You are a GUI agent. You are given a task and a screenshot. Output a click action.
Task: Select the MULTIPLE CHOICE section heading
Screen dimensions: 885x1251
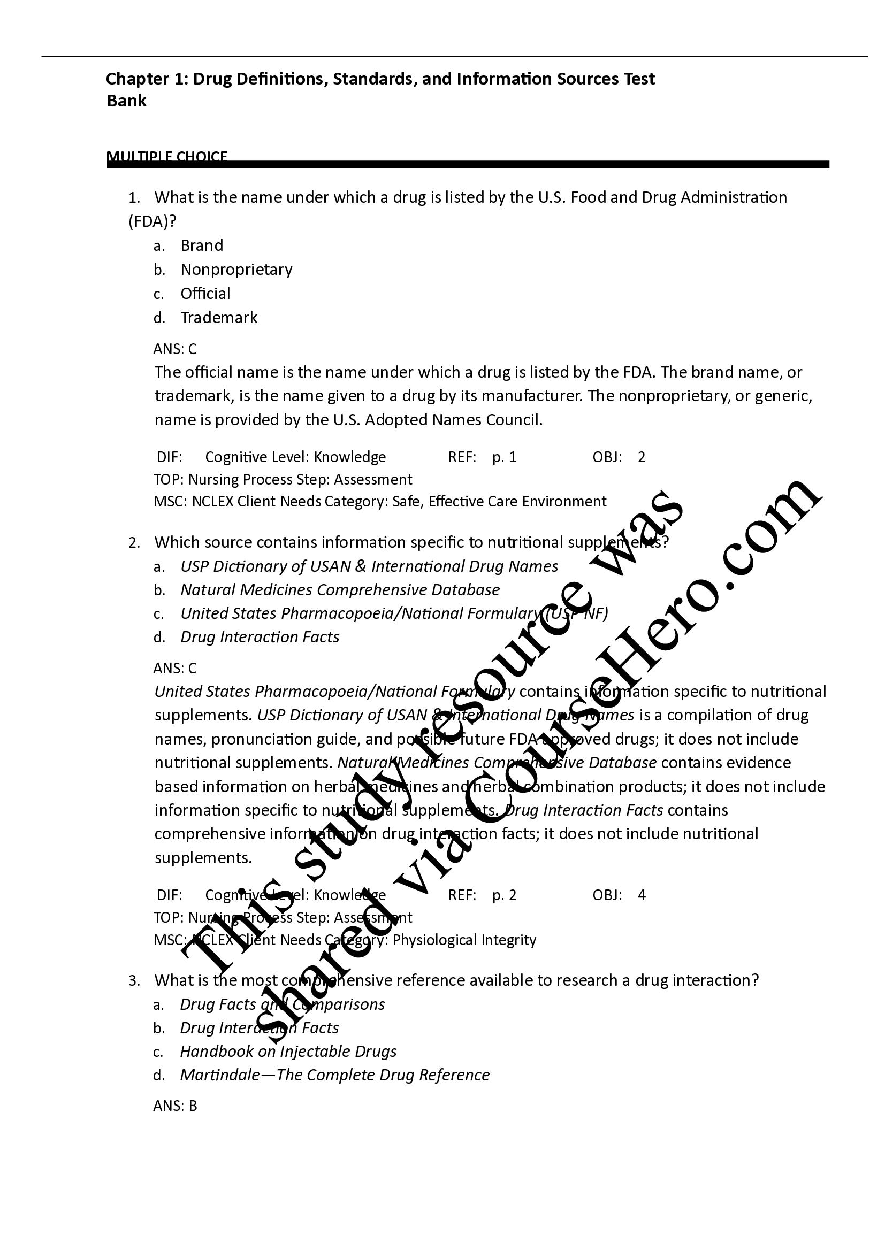(167, 157)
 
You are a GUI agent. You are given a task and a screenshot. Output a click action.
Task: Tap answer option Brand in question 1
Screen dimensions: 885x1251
(202, 245)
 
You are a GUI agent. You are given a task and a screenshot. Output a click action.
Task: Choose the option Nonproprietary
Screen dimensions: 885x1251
(236, 270)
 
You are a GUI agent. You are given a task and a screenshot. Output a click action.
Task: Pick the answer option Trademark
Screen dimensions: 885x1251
(218, 318)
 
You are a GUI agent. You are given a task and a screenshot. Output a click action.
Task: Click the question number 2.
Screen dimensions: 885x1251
(134, 543)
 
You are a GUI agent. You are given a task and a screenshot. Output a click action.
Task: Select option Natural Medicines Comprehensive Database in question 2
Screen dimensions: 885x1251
(340, 590)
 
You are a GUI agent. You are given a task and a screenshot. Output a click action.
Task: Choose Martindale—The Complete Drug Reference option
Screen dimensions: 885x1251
(334, 1075)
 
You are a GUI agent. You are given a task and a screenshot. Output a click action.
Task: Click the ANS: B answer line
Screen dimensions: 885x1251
(175, 1106)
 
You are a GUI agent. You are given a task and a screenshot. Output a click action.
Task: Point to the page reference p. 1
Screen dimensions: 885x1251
(504, 457)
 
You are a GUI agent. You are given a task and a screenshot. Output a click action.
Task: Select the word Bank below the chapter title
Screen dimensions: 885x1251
(126, 101)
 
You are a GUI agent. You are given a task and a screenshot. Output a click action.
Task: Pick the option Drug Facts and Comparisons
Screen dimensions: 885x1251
(283, 1004)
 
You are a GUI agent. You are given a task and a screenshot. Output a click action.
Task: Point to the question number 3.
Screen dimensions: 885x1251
(134, 981)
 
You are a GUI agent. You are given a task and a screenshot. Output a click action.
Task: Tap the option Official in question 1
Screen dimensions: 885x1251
(205, 294)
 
